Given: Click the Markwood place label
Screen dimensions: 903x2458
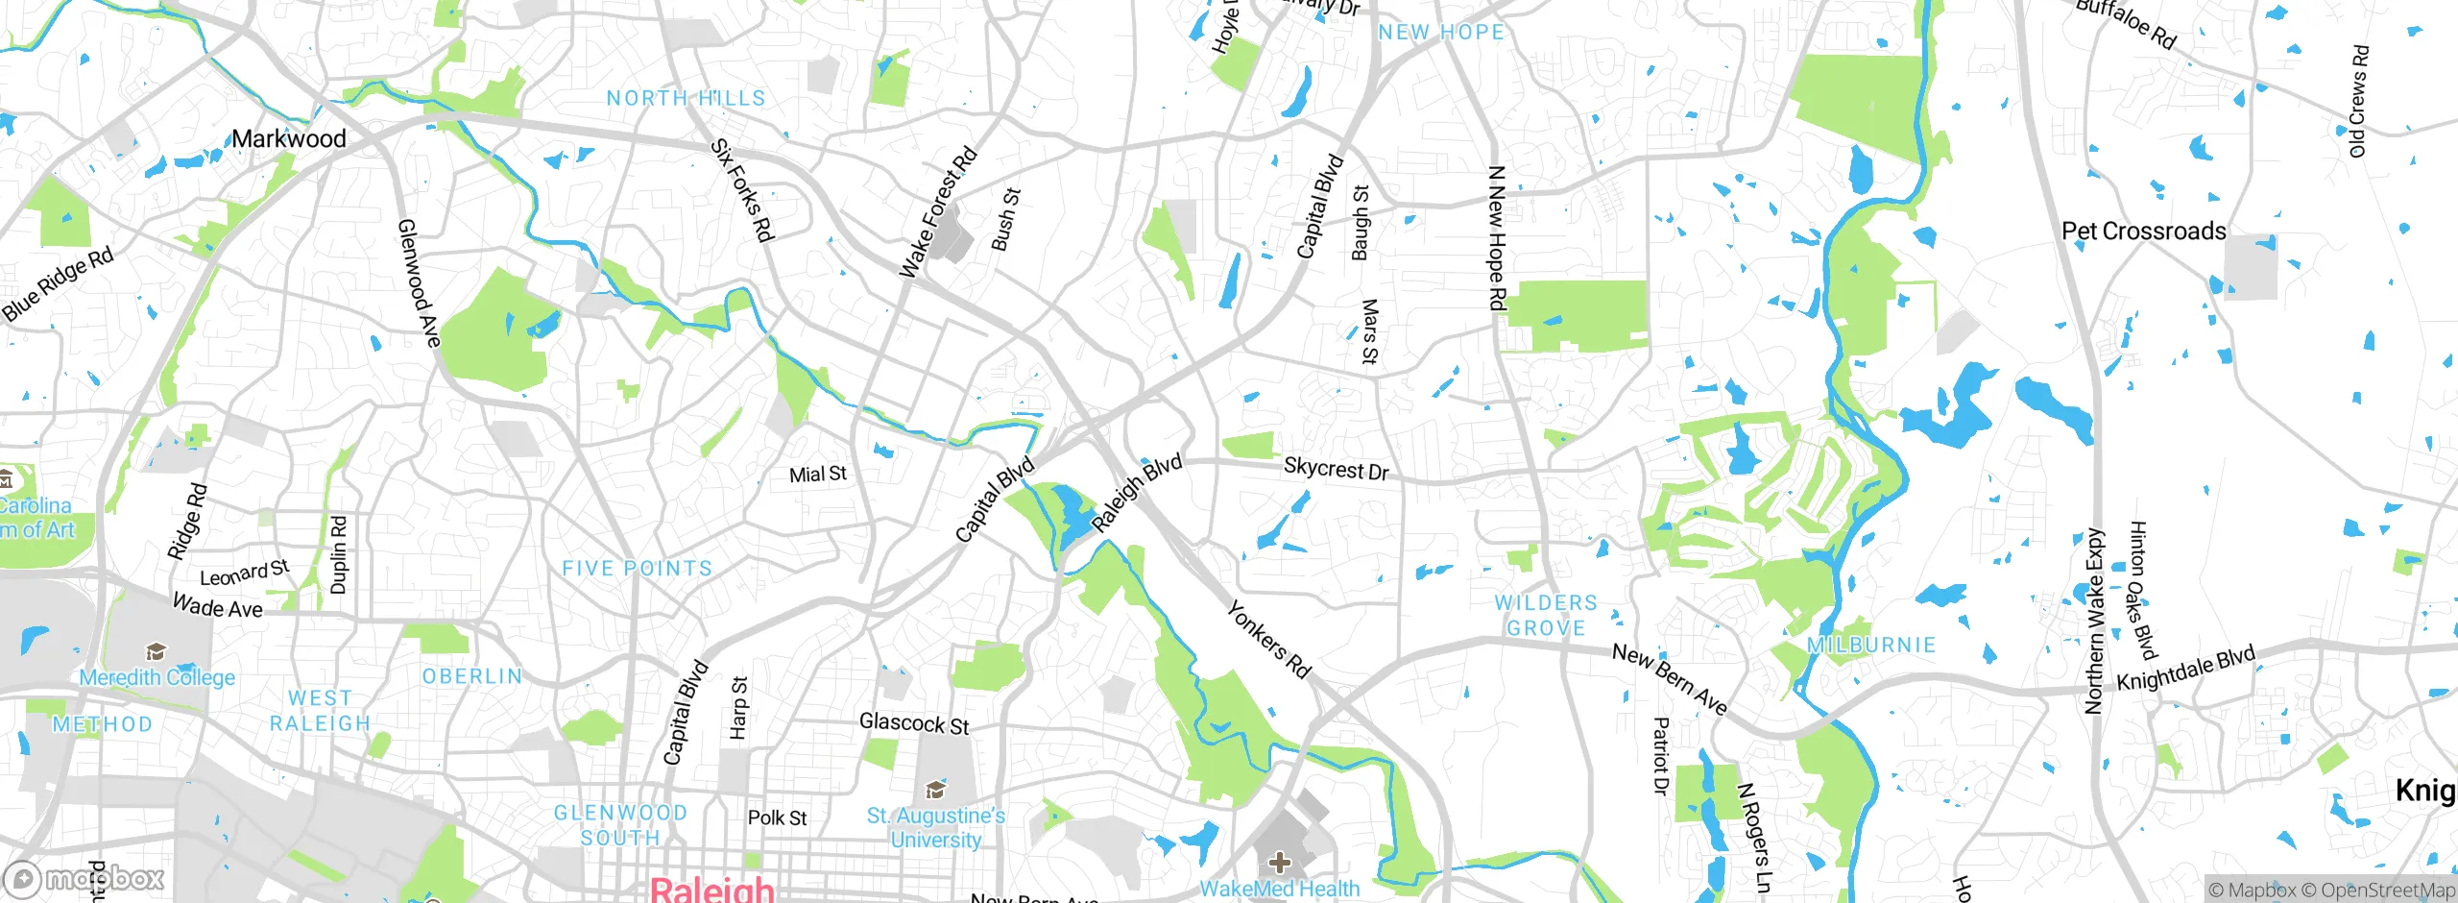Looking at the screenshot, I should pos(288,138).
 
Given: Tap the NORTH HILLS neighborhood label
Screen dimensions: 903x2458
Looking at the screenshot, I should pos(686,98).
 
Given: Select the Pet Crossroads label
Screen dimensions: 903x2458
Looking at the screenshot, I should pos(2143,232).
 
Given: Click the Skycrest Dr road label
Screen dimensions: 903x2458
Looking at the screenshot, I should pos(1336,469).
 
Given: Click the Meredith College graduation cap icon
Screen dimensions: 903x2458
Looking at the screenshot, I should pos(156,652).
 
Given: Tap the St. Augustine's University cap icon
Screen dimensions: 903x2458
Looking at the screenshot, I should pos(935,791).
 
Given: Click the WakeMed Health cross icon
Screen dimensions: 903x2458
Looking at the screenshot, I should pos(1279,862).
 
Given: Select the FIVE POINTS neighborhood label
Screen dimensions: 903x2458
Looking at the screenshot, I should pos(637,569).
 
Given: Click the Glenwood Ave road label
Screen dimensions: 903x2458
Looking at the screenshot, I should pos(419,282).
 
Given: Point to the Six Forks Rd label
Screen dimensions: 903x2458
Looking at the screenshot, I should pos(741,190).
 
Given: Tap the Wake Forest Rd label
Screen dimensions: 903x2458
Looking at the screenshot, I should pos(937,213).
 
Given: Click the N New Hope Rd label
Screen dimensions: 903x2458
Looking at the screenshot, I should pos(1496,237).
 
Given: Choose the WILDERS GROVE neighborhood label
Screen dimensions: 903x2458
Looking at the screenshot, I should pos(1546,615).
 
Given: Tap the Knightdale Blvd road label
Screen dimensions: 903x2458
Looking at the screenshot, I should pos(2185,669).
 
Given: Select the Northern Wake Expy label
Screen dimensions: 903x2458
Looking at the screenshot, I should pos(2094,621).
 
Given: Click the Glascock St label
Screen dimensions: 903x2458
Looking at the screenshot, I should pos(914,723).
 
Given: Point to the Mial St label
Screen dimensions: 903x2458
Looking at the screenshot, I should pos(817,475).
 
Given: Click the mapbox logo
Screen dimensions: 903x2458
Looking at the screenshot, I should pos(84,878).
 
